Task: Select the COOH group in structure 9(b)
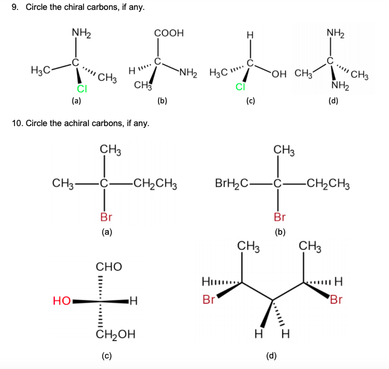click(169, 33)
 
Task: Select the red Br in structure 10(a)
click(106, 217)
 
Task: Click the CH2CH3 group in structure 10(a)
click(155, 186)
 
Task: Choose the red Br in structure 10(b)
click(279, 217)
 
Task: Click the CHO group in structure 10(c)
click(108, 267)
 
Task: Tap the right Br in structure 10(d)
click(337, 301)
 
